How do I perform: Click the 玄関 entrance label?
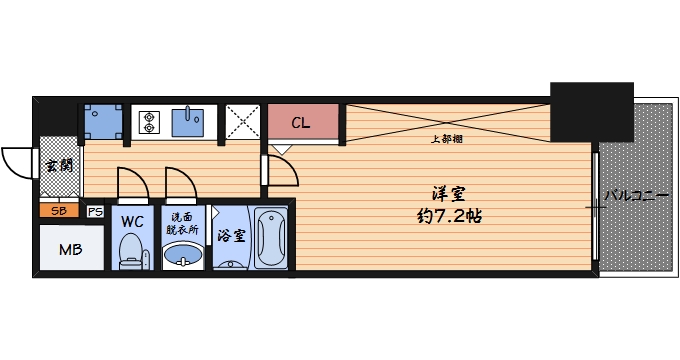tap(59, 166)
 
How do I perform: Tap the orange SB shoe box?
tap(59, 211)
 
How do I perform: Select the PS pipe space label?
tap(95, 211)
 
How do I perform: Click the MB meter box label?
tap(70, 249)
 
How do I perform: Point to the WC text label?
tap(133, 221)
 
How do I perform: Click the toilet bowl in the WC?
tap(132, 251)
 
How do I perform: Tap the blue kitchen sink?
tap(188, 122)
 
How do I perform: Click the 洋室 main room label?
tap(448, 193)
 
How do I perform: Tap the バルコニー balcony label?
tap(636, 196)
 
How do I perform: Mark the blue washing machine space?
tap(102, 121)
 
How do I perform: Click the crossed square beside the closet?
tap(242, 122)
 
